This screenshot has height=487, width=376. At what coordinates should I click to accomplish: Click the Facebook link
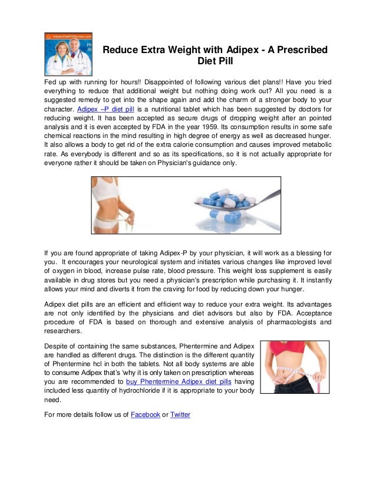tap(145, 414)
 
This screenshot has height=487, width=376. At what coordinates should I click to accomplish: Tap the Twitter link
tap(180, 414)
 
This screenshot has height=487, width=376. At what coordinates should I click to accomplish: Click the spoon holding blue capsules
tap(236, 203)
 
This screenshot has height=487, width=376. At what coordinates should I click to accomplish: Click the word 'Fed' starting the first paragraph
tap(51, 78)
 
